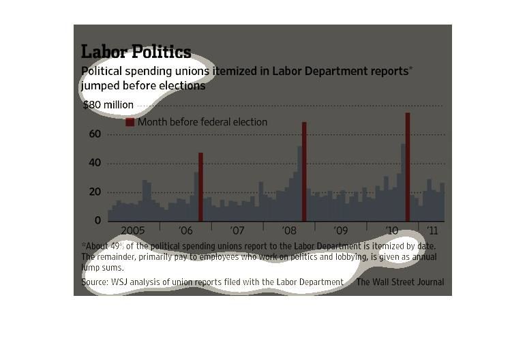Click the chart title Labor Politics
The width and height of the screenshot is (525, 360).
pos(136,52)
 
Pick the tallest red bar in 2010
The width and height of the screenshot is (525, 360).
pos(408,166)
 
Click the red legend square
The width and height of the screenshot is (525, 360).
pos(130,123)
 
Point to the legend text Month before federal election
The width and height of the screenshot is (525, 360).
pos(202,123)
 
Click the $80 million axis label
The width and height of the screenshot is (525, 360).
pos(108,105)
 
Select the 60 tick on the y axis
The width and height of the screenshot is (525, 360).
pos(94,134)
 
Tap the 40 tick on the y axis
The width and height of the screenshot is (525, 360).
pos(94,164)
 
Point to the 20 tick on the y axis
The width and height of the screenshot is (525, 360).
pos(94,192)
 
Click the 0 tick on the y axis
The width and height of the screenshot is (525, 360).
pos(97,221)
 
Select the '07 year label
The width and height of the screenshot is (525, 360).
pos(237,231)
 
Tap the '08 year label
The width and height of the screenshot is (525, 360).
pos(289,231)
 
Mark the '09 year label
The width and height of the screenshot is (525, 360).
pos(340,231)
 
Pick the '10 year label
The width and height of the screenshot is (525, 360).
pos(392,231)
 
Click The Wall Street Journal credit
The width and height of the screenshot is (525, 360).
pos(400,282)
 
